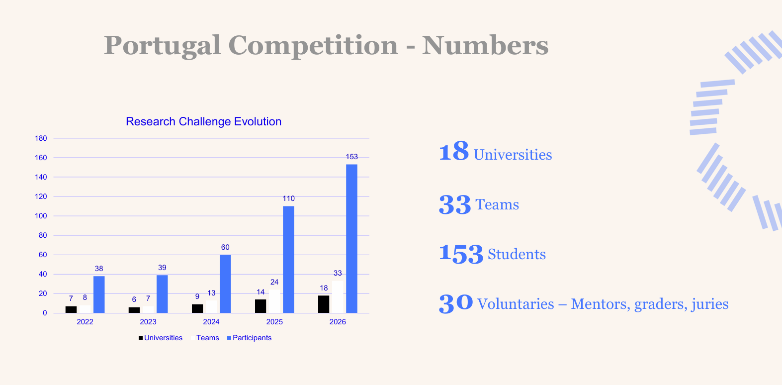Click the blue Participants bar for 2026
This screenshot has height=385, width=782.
351,239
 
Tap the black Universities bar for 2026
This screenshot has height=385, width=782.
324,304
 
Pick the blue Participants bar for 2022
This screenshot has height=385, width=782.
99,294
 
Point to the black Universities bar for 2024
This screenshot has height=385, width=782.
197,308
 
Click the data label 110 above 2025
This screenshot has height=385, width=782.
288,198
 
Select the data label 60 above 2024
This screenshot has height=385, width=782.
225,247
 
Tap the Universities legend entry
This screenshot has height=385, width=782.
160,338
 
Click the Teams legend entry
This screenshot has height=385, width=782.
205,338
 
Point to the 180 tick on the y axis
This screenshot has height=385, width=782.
41,138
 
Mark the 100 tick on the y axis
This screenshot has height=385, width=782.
41,216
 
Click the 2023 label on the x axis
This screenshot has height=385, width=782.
148,322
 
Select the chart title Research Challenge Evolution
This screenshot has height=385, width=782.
203,121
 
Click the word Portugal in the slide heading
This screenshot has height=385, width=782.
162,46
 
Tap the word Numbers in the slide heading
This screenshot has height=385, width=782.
485,45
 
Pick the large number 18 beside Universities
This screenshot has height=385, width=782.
453,151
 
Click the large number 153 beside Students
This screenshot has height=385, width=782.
461,254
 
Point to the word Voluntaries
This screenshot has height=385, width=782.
515,304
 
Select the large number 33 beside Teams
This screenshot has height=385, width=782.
454,205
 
